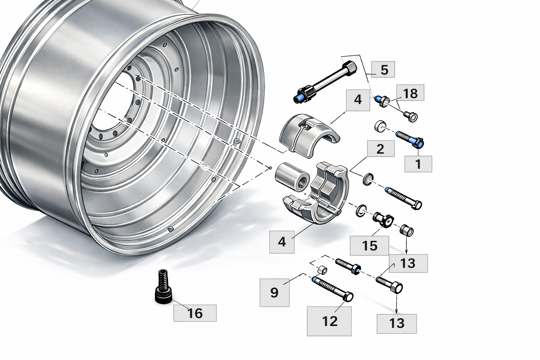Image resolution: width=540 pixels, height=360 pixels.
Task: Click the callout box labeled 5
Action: click(383, 70)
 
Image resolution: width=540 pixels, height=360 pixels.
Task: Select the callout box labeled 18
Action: click(410, 93)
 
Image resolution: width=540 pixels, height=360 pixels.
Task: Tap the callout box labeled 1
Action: click(418, 164)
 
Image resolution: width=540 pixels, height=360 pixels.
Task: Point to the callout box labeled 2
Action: click(381, 149)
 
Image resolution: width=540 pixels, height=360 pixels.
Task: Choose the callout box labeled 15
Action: click(369, 246)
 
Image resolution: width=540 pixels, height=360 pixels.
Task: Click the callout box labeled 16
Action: click(195, 313)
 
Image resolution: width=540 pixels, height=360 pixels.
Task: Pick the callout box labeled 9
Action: click(275, 292)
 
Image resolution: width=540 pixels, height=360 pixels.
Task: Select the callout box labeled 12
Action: click(329, 321)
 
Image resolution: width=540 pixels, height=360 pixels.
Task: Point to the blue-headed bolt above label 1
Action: click(410, 139)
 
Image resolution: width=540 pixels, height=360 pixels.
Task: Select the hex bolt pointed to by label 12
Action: click(333, 289)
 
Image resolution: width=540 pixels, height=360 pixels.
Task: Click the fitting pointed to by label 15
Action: click(383, 219)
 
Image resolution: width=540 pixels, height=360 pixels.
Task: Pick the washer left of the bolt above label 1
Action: click(380, 126)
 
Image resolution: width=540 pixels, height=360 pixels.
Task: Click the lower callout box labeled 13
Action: click(397, 324)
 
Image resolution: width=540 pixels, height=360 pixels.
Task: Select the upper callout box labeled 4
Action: click(358, 100)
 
